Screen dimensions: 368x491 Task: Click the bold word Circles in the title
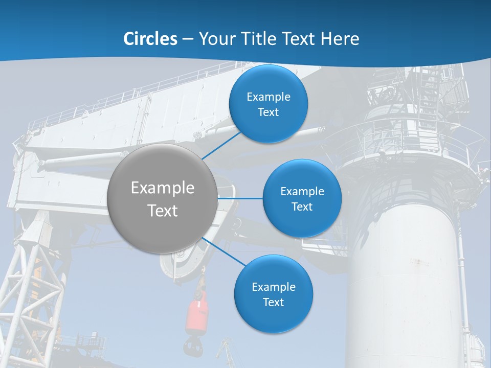tap(150, 39)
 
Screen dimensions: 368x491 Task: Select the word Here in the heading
tap(340, 39)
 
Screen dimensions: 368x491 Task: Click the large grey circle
tap(162, 198)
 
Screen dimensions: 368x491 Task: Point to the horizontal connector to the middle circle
tap(240, 198)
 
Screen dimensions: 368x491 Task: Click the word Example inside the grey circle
tap(162, 188)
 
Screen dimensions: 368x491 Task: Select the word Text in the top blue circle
tap(268, 112)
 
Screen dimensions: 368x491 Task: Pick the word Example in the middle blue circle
tap(302, 192)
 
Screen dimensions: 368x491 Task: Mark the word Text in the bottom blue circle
tap(273, 302)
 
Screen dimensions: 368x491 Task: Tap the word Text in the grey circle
tap(162, 211)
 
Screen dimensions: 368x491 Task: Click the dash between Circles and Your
tap(188, 39)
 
